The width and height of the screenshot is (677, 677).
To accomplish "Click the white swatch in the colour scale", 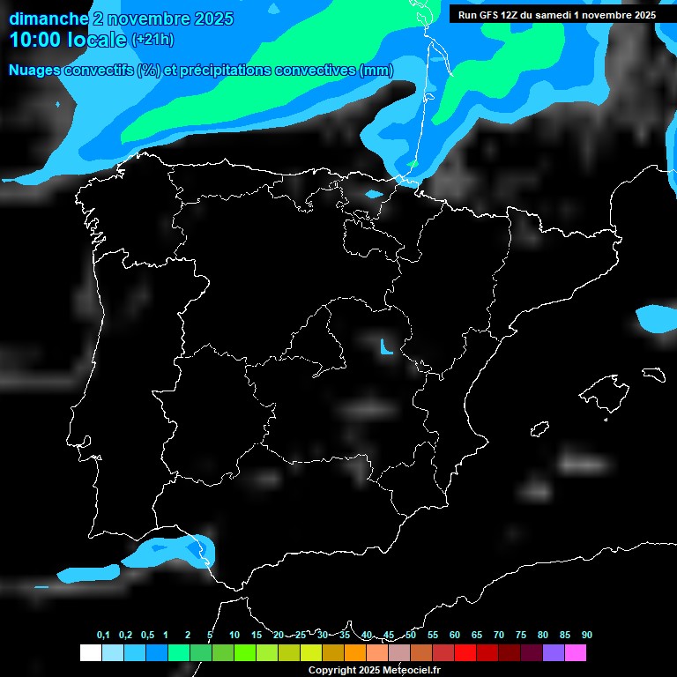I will (x=90, y=652).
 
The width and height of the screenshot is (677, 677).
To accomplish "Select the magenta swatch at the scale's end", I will (x=576, y=652).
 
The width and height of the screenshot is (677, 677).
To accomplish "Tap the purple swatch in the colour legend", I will (x=554, y=652).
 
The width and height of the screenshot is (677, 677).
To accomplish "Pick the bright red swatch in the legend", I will (x=465, y=652).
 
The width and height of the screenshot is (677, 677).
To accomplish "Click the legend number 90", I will (x=587, y=636).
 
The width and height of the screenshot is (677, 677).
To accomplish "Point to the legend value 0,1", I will (x=103, y=636).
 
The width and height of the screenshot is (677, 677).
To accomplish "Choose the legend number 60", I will (x=455, y=636).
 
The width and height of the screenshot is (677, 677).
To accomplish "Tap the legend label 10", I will (x=234, y=636).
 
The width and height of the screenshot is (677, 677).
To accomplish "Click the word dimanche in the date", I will (x=48, y=19).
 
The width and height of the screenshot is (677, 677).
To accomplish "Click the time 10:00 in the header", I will (x=35, y=40).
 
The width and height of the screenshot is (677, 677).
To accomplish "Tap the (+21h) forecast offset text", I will (x=153, y=40).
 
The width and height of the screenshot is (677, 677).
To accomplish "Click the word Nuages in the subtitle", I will (x=36, y=71).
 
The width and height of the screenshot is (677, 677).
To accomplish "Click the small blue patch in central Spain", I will (x=385, y=346).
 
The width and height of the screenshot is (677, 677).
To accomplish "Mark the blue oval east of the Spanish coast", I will (x=656, y=318).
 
